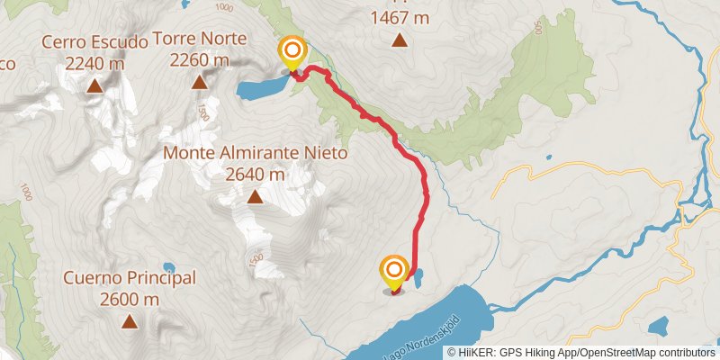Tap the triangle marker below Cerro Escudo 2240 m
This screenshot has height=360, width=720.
(94, 86)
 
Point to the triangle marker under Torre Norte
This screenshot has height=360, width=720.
(200, 84)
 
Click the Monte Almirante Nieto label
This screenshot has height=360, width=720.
(255, 154)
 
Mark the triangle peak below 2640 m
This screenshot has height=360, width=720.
(255, 197)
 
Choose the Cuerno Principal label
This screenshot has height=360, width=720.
(130, 279)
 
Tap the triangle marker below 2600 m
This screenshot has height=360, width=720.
(130, 321)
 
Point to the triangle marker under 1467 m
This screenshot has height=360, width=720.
(399, 40)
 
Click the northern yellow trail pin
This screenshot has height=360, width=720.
(292, 52)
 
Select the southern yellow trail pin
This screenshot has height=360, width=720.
(394, 273)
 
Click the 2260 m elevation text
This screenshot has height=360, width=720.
(200, 60)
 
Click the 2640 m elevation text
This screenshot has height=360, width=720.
(255, 174)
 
